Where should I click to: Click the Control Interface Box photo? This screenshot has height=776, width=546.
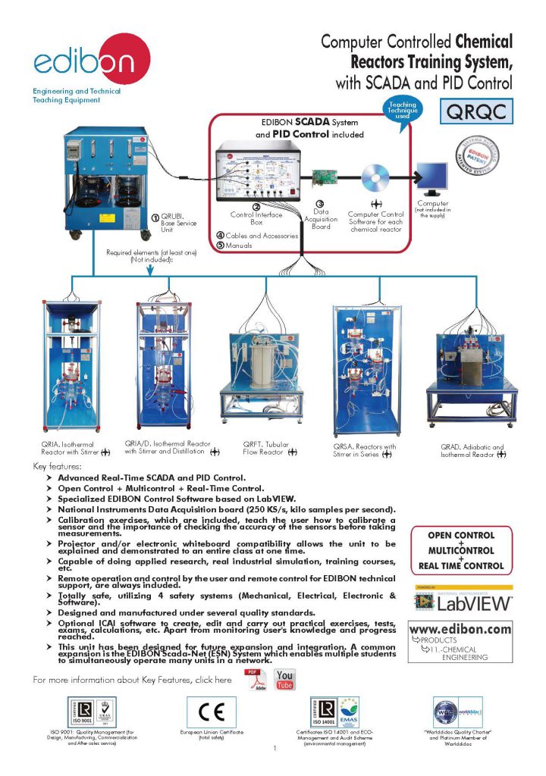(x=257, y=173)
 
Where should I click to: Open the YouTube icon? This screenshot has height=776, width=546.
(x=285, y=680)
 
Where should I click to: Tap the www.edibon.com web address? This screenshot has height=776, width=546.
(x=460, y=630)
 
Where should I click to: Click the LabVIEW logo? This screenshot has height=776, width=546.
(x=463, y=602)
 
